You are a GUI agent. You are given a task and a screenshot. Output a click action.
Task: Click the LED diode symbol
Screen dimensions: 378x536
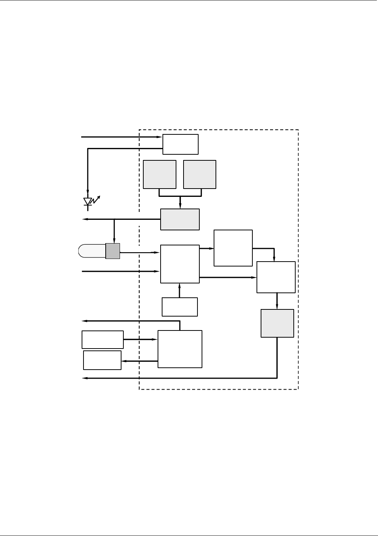click(x=88, y=202)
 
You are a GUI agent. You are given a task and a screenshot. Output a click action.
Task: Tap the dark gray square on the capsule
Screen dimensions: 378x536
click(x=112, y=251)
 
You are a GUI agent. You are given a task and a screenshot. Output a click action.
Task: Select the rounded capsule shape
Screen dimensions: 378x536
click(x=92, y=251)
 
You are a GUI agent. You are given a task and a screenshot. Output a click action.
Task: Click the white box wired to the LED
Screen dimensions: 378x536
click(x=180, y=144)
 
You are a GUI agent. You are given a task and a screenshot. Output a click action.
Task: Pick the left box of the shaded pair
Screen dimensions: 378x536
click(x=159, y=174)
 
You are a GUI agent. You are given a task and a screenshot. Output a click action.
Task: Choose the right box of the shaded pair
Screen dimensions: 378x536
click(x=199, y=174)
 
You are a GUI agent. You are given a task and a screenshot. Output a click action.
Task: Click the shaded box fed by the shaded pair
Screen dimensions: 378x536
click(x=180, y=219)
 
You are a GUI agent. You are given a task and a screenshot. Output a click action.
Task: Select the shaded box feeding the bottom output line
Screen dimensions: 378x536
click(x=277, y=323)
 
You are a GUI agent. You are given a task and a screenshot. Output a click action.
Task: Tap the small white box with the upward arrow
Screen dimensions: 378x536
click(x=179, y=307)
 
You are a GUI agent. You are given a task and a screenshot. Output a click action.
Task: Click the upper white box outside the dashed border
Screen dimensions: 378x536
click(x=102, y=340)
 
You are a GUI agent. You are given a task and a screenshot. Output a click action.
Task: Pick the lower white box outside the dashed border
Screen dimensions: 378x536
click(x=102, y=360)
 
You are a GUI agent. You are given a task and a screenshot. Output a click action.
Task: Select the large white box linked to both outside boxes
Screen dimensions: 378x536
click(x=180, y=349)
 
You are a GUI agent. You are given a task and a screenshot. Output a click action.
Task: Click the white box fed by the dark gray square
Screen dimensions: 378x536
click(x=180, y=264)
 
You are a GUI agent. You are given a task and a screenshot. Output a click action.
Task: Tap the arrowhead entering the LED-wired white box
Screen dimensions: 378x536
click(x=160, y=137)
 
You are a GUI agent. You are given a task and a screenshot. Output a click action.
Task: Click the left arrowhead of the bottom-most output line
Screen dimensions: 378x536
click(x=85, y=378)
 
